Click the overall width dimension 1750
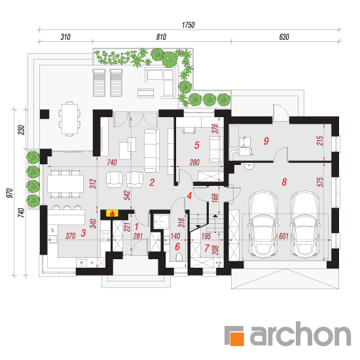point(189,25)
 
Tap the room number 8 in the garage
point(284,182)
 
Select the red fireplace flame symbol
point(113,213)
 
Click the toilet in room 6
point(179,257)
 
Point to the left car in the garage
point(262,224)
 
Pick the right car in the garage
point(305,224)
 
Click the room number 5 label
point(197,145)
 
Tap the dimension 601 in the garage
point(284,236)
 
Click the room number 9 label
point(266,141)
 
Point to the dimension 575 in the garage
point(320,182)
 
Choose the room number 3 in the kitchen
point(83,233)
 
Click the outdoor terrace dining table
point(69,119)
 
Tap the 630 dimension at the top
point(284,37)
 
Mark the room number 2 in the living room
point(152,183)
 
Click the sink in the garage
point(249,166)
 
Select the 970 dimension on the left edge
point(10,193)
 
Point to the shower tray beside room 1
point(161,221)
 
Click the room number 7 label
point(207,248)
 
